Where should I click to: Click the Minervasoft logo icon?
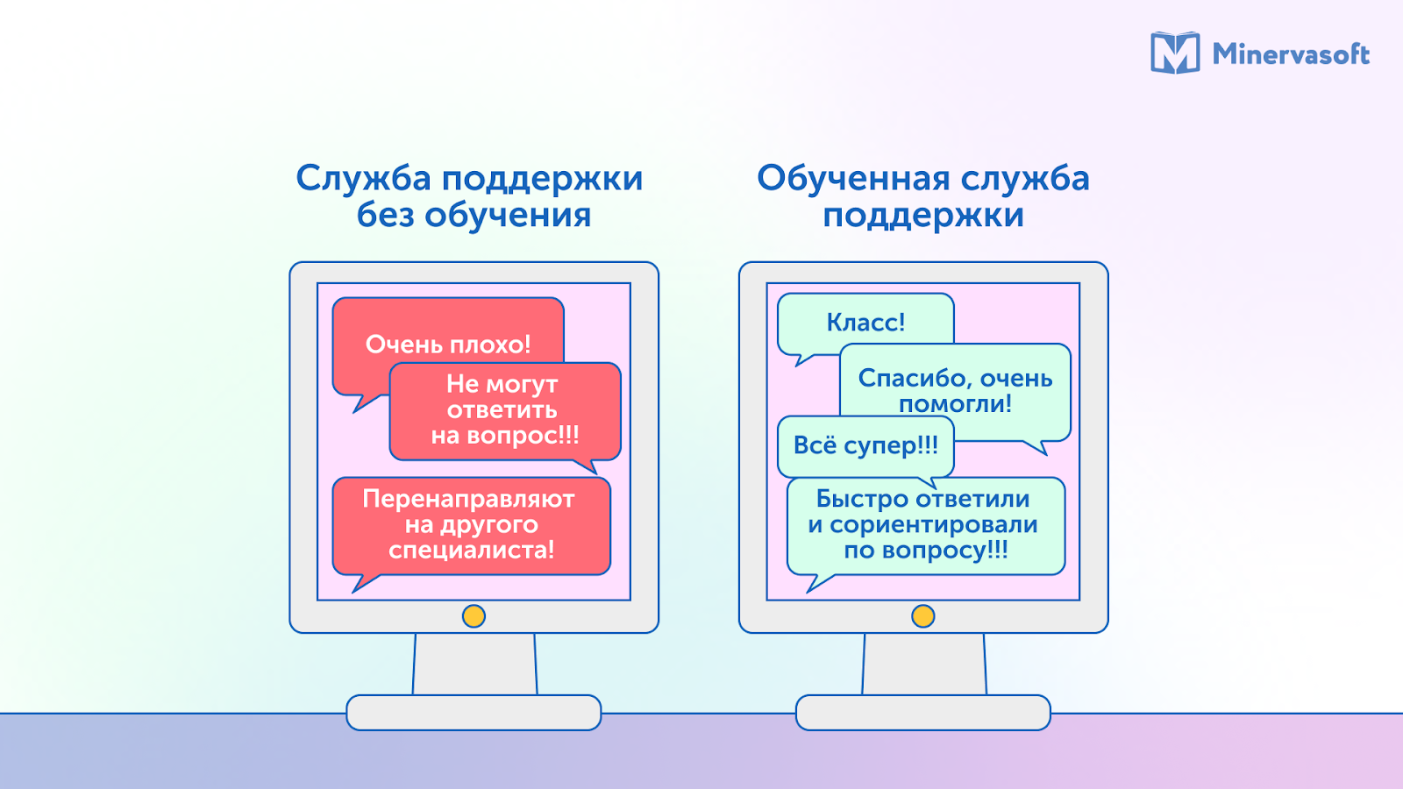(x=1175, y=53)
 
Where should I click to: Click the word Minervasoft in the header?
(x=1291, y=54)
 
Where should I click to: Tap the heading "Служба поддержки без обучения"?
(x=470, y=196)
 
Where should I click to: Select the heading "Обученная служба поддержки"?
(x=923, y=196)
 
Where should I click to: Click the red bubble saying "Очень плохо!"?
(x=447, y=338)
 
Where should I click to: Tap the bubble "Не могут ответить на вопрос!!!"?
(x=504, y=410)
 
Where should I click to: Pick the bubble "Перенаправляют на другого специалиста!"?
(x=471, y=524)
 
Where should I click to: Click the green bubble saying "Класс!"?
(x=865, y=323)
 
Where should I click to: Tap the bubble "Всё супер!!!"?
(x=865, y=445)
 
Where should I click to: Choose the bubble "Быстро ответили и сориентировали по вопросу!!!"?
(x=925, y=524)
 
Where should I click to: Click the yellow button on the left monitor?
(x=474, y=616)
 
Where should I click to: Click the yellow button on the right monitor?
(x=923, y=616)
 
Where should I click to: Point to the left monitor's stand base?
(x=474, y=713)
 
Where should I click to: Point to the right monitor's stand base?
(x=923, y=713)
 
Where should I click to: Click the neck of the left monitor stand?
(x=474, y=664)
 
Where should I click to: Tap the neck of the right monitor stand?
(x=923, y=664)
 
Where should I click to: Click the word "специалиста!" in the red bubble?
(x=471, y=551)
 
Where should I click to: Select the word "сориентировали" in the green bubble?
(x=934, y=525)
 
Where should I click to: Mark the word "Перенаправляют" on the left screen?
(x=468, y=499)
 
